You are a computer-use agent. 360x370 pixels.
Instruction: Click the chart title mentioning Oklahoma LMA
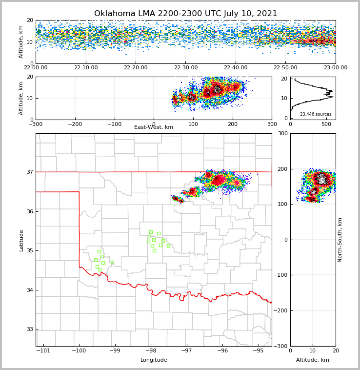tap(185, 14)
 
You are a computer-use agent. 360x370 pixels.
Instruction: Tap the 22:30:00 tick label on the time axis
tap(185, 68)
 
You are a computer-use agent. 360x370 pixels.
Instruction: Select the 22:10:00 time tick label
tap(85, 68)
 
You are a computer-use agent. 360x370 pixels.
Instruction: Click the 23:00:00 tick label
tap(335, 68)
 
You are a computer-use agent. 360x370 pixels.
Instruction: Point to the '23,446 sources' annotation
tap(315, 114)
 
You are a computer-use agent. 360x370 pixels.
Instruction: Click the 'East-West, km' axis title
tap(154, 127)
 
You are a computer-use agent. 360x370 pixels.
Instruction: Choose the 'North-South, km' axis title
tap(340, 240)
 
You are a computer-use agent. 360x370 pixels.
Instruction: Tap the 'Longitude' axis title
tap(154, 360)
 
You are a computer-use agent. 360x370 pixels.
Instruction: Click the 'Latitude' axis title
tap(21, 240)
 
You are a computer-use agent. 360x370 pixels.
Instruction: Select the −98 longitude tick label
tap(150, 350)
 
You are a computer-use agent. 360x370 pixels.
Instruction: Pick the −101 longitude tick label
tap(43, 350)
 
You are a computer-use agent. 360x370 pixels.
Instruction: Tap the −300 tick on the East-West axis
tap(36, 124)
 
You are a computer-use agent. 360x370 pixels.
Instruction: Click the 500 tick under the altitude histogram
tap(326, 124)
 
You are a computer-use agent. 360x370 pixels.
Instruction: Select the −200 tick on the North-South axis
tap(281, 310)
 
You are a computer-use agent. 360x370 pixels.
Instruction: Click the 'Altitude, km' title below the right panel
tap(313, 360)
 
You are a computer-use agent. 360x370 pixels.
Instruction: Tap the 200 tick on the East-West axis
tap(233, 124)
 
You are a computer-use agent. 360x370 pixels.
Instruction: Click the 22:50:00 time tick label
tap(285, 68)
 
